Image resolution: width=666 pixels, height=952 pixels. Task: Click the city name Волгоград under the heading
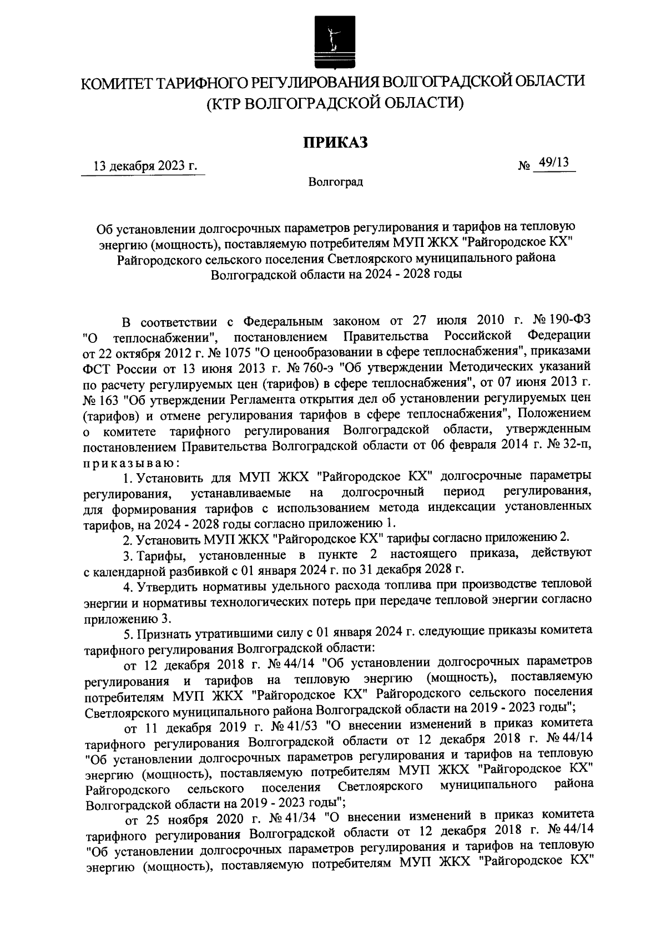click(335, 182)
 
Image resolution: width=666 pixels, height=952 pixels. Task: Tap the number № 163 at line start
click(98, 398)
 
